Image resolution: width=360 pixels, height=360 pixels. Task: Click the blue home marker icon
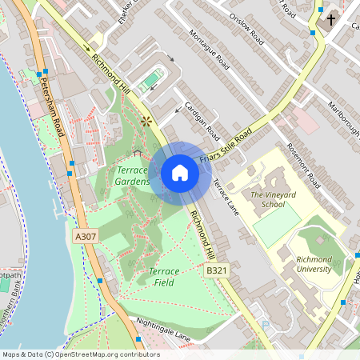pyautogui.click(x=180, y=173)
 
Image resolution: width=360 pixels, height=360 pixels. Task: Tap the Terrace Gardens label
pyautogui.click(x=132, y=177)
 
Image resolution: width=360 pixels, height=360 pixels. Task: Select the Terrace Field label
pyautogui.click(x=163, y=277)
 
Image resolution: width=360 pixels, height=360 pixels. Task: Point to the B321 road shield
pyautogui.click(x=218, y=272)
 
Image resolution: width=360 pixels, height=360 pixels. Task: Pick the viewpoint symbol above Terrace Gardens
pyautogui.click(x=146, y=122)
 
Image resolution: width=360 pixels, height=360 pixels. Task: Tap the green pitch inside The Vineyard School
pyautogui.click(x=277, y=227)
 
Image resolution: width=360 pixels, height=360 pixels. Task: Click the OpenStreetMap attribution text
pyautogui.click(x=80, y=354)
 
